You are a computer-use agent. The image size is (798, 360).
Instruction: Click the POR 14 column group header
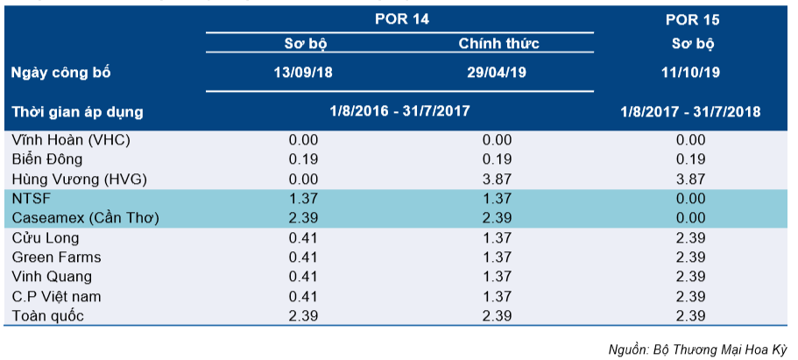click(x=402, y=19)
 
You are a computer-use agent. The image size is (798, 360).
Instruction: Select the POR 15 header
click(x=693, y=20)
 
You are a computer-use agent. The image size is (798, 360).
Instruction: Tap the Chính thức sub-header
click(x=498, y=43)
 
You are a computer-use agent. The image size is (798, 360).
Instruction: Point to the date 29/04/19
click(x=497, y=73)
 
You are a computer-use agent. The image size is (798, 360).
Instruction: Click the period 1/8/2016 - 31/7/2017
click(x=399, y=110)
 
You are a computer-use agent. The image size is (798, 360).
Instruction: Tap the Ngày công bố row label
click(x=61, y=74)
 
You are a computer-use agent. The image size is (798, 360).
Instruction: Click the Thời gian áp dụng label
click(x=77, y=112)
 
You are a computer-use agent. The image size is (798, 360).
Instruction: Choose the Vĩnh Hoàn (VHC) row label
click(x=71, y=140)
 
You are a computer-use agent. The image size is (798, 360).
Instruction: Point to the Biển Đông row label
click(x=46, y=159)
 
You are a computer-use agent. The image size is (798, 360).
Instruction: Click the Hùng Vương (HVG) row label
click(x=79, y=180)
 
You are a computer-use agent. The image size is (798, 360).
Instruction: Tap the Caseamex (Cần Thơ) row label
click(x=86, y=218)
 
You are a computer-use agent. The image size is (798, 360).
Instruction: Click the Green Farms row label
click(x=56, y=258)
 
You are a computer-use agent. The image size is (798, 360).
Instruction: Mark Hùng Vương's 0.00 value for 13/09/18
click(x=303, y=180)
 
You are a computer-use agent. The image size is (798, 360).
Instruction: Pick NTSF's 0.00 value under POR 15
click(x=690, y=199)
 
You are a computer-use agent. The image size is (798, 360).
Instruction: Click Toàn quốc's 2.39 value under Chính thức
click(x=498, y=315)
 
